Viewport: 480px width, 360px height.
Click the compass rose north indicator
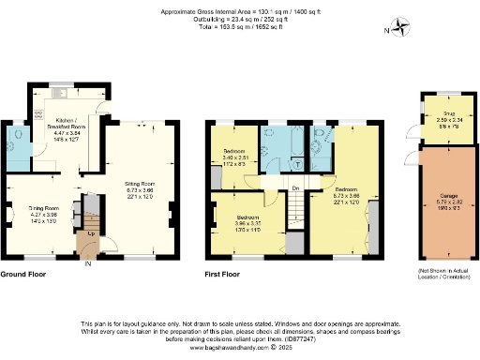tap(402, 27)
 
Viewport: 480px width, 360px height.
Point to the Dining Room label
tap(42, 212)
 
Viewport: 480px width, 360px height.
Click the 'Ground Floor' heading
tap(26, 275)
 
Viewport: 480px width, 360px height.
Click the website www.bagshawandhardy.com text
tap(241, 347)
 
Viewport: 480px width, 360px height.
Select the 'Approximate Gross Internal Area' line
tap(241, 6)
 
